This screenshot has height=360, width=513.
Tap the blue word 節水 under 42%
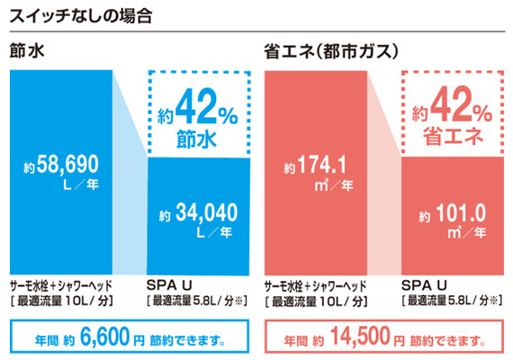pyautogui.click(x=199, y=139)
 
